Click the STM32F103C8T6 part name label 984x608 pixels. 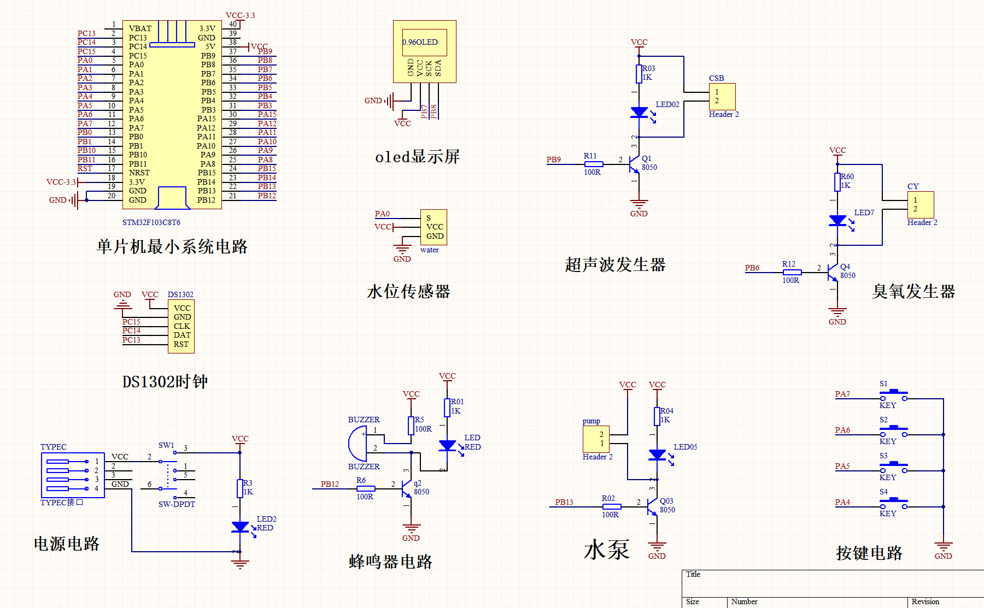pyautogui.click(x=151, y=222)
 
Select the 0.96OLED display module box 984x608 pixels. pyautogui.click(x=425, y=52)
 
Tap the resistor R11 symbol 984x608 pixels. pyautogui.click(x=593, y=164)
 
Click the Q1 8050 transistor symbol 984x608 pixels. pyautogui.click(x=634, y=164)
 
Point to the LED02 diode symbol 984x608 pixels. pyautogui.click(x=640, y=113)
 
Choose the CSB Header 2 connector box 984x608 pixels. pyautogui.click(x=722, y=97)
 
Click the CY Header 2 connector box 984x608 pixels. pyautogui.click(x=921, y=205)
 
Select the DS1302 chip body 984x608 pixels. pyautogui.click(x=181, y=326)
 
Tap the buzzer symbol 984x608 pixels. pyautogui.click(x=358, y=444)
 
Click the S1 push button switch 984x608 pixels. pyautogui.click(x=894, y=396)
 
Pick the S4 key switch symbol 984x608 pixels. pyautogui.click(x=894, y=504)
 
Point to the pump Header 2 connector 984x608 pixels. pyautogui.click(x=596, y=439)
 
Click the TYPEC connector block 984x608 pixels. pyautogui.click(x=73, y=475)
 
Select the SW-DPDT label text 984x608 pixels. pyautogui.click(x=177, y=504)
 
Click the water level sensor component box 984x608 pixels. pyautogui.click(x=434, y=227)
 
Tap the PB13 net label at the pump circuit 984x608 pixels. pyautogui.click(x=564, y=502)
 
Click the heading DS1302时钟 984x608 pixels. pyautogui.click(x=165, y=381)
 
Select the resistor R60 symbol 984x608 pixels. pyautogui.click(x=837, y=182)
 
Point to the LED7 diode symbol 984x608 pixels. pyautogui.click(x=838, y=221)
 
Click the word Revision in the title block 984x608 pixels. pyautogui.click(x=925, y=601)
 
